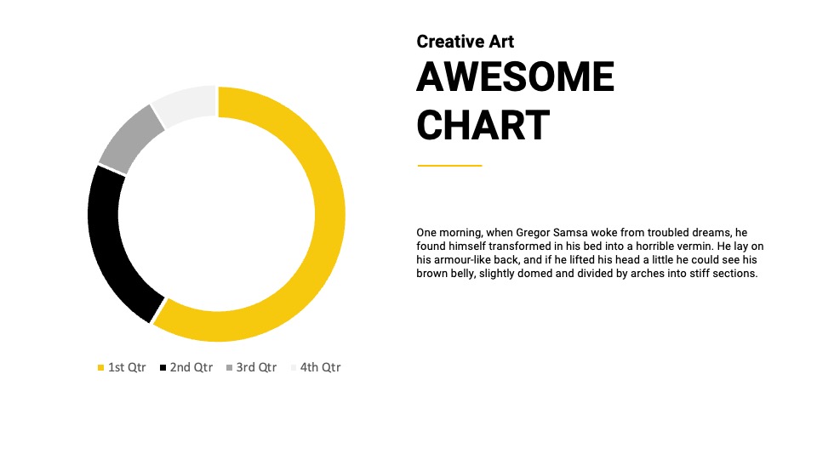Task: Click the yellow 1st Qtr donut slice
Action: [329, 213]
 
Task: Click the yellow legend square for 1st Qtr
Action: [101, 368]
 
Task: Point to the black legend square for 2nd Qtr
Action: [163, 368]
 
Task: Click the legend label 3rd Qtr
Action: [256, 367]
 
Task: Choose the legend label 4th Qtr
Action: [321, 367]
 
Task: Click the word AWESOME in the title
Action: [516, 76]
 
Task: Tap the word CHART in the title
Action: [483, 125]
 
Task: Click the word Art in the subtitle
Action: [501, 42]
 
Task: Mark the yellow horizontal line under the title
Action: [449, 166]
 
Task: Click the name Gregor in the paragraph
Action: [533, 233]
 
